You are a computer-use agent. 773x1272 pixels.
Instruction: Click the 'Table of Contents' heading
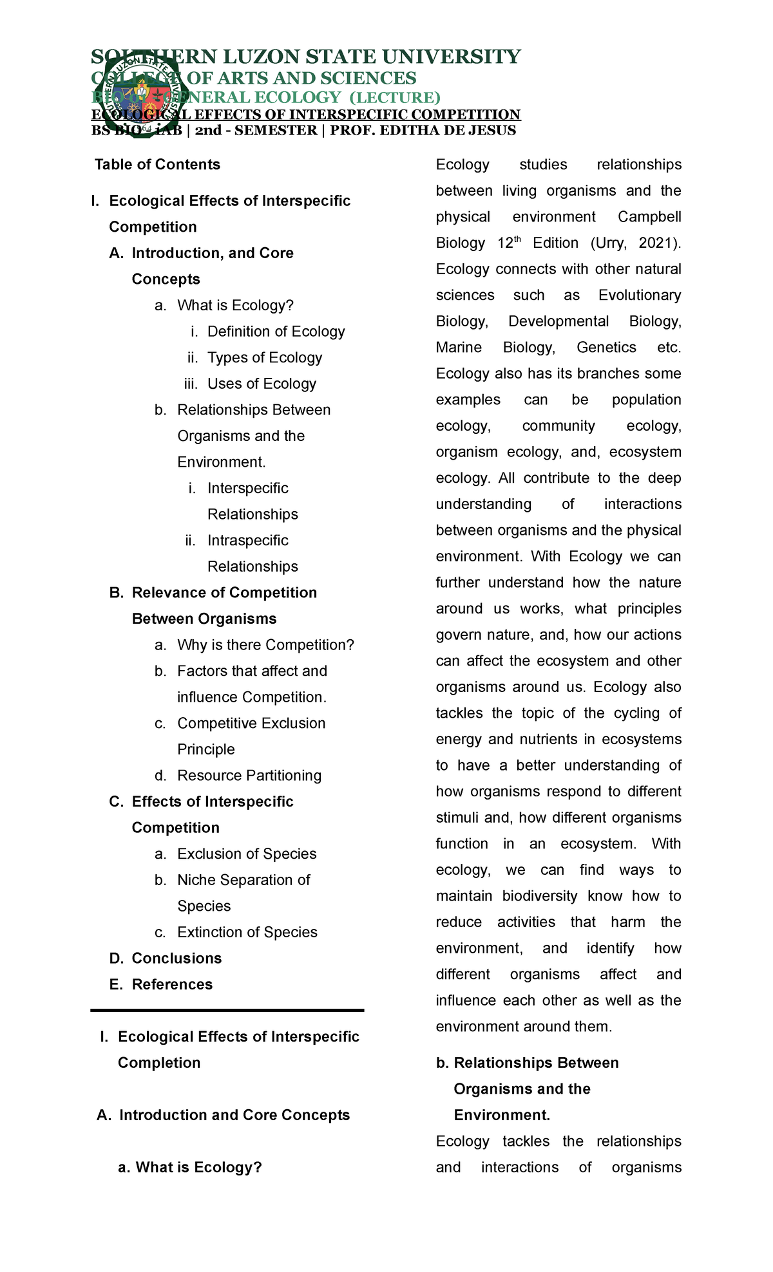pyautogui.click(x=157, y=165)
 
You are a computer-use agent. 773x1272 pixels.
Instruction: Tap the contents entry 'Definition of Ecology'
pyautogui.click(x=276, y=332)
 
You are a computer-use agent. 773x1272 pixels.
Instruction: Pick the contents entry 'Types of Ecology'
pyautogui.click(x=264, y=358)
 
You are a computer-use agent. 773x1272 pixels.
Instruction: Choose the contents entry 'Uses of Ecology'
pyautogui.click(x=262, y=384)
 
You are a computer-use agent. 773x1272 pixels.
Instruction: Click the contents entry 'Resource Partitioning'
pyautogui.click(x=249, y=776)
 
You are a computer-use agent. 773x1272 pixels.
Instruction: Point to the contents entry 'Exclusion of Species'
pyautogui.click(x=247, y=854)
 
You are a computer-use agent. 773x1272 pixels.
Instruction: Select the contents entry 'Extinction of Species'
pyautogui.click(x=247, y=932)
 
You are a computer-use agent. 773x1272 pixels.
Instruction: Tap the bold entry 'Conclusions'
pyautogui.click(x=177, y=959)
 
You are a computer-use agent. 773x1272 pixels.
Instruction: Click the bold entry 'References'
pyautogui.click(x=172, y=985)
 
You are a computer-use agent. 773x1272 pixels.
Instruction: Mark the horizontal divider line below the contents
pyautogui.click(x=227, y=1011)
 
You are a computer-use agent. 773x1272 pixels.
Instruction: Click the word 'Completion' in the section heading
pyautogui.click(x=159, y=1063)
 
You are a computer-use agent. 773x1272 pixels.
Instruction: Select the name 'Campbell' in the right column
pyautogui.click(x=649, y=217)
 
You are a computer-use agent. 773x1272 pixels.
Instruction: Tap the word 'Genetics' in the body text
pyautogui.click(x=606, y=348)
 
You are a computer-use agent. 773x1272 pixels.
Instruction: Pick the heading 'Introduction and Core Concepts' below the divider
pyautogui.click(x=234, y=1115)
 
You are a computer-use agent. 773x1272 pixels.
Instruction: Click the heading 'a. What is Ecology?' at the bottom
pyautogui.click(x=190, y=1168)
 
